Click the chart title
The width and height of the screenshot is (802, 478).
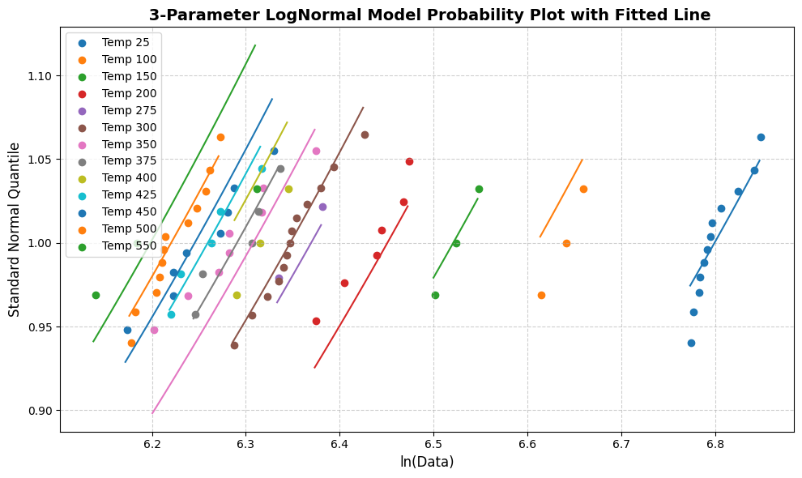tap(429, 15)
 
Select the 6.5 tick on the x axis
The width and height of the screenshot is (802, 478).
tap(433, 445)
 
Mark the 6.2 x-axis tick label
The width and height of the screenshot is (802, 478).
tap(152, 445)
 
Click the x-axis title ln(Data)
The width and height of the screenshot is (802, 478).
tap(427, 462)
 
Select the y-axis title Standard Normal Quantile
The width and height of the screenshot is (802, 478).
tap(15, 229)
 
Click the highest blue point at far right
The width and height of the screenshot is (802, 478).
tap(761, 137)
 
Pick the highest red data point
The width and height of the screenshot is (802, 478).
tap(409, 161)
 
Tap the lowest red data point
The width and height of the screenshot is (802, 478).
tap(316, 321)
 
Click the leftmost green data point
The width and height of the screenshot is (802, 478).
tap(96, 295)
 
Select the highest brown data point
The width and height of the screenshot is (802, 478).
tap(365, 134)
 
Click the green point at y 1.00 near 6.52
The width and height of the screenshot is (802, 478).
tap(456, 243)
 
